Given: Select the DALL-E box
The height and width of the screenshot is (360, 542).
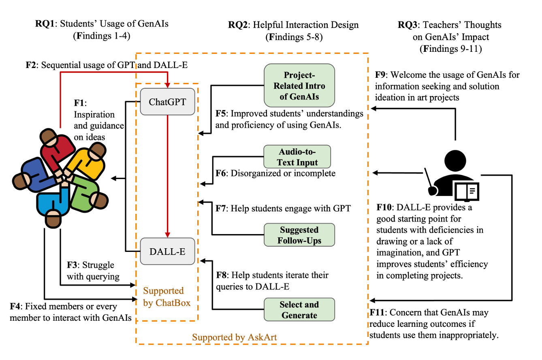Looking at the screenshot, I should [167, 251].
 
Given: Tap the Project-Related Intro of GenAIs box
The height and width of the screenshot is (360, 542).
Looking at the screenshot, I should [299, 86].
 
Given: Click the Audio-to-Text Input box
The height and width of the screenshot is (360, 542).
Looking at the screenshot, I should [297, 157].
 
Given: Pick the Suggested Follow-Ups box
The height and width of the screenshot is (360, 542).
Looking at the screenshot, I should [299, 235].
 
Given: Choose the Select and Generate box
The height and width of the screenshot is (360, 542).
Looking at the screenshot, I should [299, 310].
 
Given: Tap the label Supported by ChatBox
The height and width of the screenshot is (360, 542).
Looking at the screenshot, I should [166, 297].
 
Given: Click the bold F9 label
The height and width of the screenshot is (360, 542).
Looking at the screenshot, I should [381, 75].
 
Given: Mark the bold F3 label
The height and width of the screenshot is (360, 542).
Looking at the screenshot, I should [72, 266].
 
